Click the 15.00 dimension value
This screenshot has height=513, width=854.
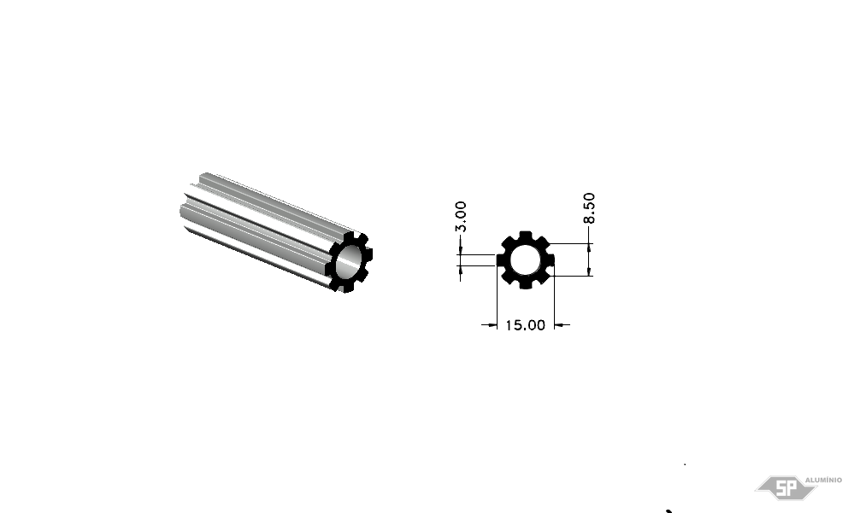point(525,325)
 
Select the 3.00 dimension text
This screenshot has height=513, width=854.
point(461,217)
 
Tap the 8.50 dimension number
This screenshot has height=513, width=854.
point(589,207)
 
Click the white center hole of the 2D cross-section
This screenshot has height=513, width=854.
point(525,260)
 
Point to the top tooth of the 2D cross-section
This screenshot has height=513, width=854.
point(525,235)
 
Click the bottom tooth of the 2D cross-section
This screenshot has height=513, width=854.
point(525,284)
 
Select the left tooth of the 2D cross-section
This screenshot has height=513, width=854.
point(500,260)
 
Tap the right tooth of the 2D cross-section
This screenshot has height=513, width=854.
point(550,260)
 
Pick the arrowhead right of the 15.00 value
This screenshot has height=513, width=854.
point(559,325)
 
